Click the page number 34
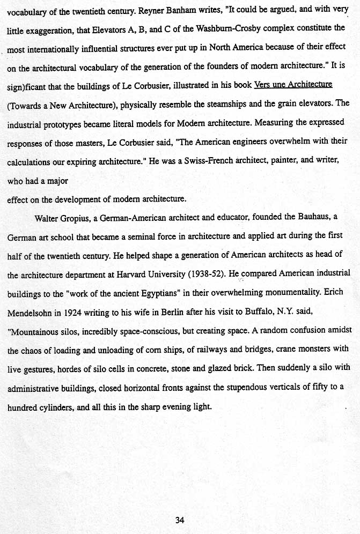point(180,519)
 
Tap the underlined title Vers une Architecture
point(293,84)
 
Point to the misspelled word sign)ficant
point(26,85)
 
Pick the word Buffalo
point(241,313)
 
